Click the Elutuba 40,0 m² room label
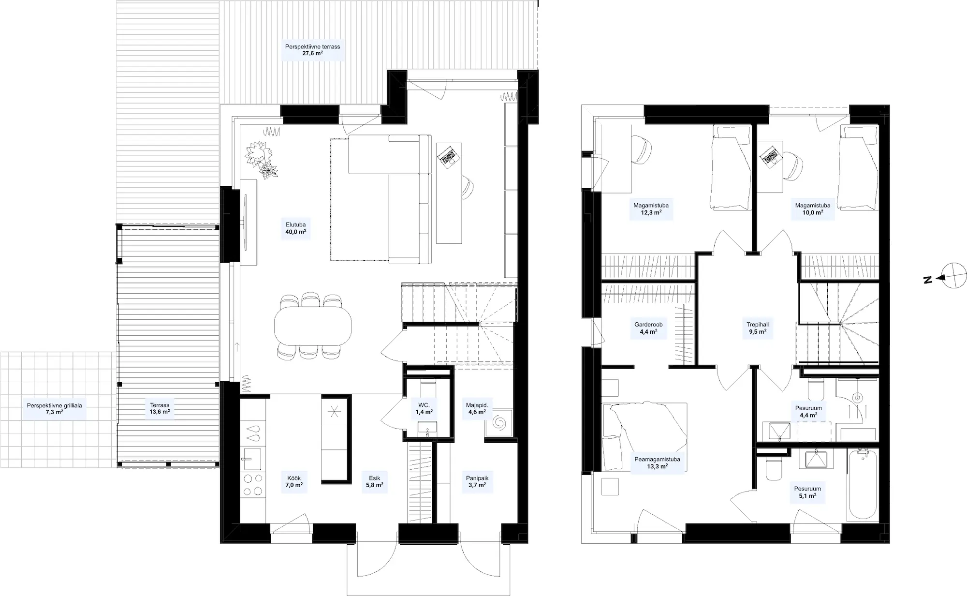[295, 228]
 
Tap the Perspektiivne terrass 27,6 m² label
[312, 50]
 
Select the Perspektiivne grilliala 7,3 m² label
[55, 409]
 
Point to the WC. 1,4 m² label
[424, 408]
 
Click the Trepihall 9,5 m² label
[758, 328]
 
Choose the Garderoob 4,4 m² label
[648, 328]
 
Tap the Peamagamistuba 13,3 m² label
[657, 463]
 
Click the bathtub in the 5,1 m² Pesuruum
[864, 485]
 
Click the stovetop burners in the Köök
[252, 485]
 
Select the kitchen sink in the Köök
[252, 459]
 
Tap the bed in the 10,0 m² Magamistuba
[858, 168]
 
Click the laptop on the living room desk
[448, 156]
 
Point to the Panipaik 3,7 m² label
[477, 481]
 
